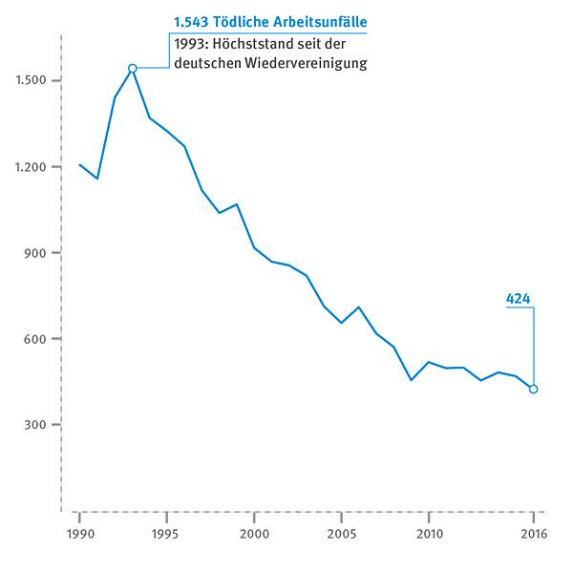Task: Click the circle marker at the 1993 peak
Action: pos(132,68)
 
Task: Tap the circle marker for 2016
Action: pos(533,389)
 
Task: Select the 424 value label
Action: pos(518,299)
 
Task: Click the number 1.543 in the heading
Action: pos(191,22)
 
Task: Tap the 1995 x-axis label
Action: pos(166,533)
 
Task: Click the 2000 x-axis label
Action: pos(254,533)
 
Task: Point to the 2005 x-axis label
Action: pos(341,533)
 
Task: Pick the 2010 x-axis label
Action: pos(429,533)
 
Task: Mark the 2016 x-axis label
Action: pos(533,533)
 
